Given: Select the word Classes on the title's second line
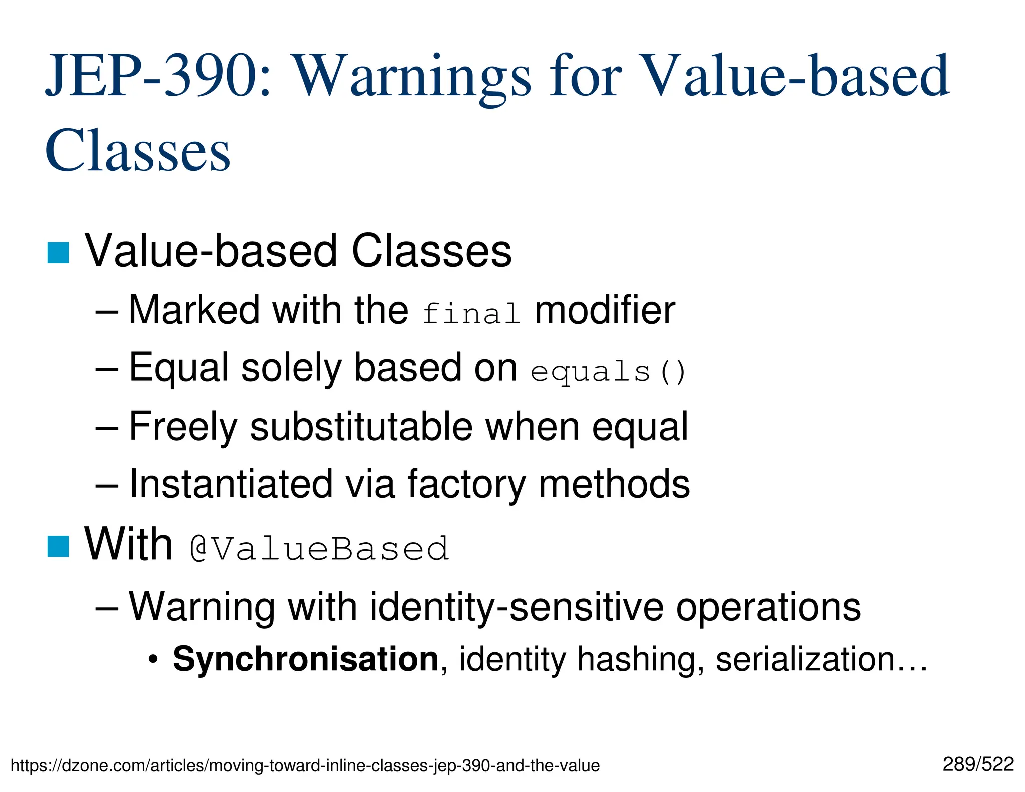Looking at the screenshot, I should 138,150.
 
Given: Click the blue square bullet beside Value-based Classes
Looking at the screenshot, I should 58,252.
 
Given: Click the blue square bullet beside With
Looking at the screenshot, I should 58,546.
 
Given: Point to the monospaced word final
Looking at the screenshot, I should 471,314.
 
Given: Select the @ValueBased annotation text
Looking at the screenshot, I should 320,549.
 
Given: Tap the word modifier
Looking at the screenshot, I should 605,311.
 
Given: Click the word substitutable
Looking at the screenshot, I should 361,427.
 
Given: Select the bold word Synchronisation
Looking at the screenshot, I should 306,659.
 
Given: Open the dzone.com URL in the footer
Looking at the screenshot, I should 305,765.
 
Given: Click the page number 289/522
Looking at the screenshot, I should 978,764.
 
